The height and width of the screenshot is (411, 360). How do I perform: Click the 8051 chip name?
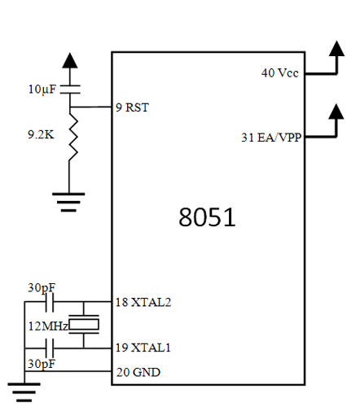point(207,217)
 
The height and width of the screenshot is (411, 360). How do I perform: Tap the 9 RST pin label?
point(132,107)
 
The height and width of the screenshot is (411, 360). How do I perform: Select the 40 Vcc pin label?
point(280,72)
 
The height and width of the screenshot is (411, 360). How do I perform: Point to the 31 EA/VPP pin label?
point(271,138)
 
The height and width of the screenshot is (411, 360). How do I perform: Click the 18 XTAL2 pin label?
point(143,302)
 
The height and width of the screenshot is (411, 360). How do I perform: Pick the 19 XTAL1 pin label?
point(143,348)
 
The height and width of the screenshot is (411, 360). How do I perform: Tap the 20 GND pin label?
point(138,372)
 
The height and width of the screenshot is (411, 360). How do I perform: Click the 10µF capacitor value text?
point(42,90)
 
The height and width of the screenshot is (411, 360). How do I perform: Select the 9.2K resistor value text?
point(41,134)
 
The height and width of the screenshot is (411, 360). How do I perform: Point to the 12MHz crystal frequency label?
point(48,326)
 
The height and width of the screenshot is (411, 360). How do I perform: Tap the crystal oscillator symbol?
point(84,325)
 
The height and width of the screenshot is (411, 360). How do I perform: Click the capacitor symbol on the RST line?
point(70,90)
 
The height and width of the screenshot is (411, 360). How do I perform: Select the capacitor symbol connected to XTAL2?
point(50,302)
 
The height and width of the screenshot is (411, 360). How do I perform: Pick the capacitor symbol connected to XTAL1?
point(50,348)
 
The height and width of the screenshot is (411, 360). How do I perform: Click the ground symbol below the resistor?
point(68,202)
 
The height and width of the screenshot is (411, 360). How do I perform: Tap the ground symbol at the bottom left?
point(24,392)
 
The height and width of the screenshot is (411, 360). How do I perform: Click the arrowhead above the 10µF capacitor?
point(70,60)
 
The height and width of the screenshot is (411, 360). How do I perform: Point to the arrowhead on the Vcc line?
point(336,49)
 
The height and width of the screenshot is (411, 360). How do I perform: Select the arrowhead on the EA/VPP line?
point(336,111)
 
